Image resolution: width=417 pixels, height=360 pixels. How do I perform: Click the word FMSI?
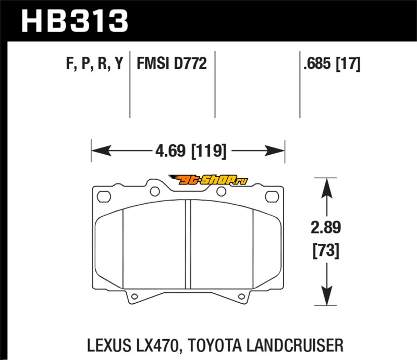(155, 64)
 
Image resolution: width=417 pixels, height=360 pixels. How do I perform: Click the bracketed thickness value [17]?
(349, 64)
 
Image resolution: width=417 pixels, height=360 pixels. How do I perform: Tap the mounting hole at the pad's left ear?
(104, 197)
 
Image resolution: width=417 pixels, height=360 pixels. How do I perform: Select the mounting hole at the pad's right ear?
(272, 197)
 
